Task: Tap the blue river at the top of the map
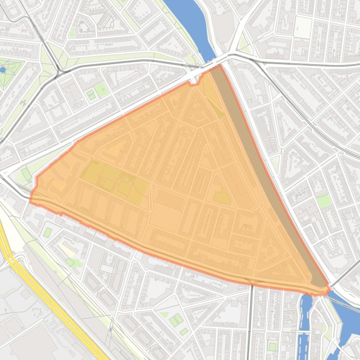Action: tap(187, 19)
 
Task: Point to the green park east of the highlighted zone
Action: tap(324, 201)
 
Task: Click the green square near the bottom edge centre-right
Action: tap(273, 346)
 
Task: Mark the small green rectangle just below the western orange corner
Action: tap(47, 232)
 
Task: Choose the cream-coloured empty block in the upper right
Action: tap(303, 28)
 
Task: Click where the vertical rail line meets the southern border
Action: tap(252, 284)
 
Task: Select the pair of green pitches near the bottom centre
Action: tap(176, 320)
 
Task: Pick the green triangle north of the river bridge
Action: tap(243, 44)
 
